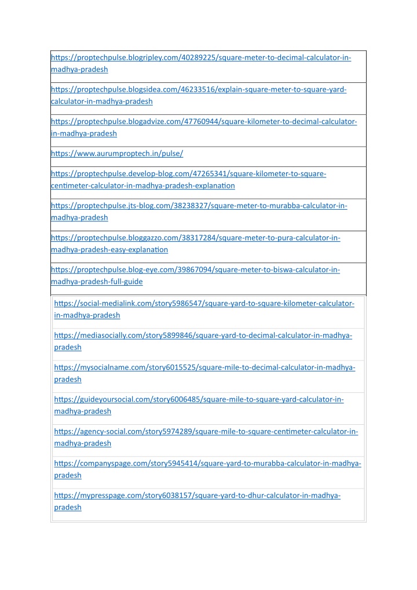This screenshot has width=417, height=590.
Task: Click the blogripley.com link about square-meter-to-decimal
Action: pos(201,58)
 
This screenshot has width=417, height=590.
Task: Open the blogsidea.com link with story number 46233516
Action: pos(199,90)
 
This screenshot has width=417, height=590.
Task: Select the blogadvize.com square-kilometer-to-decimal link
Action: pos(204,122)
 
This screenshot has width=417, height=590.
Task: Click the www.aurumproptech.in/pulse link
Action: pos(118,154)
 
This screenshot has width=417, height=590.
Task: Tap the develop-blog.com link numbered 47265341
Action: pos(189,174)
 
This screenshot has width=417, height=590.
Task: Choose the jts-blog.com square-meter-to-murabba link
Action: pos(199,206)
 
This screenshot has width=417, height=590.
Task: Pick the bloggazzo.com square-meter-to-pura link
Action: pos(196,238)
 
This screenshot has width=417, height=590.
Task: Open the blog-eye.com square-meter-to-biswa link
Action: pos(196,270)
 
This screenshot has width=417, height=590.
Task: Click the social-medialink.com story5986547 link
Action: pos(204,304)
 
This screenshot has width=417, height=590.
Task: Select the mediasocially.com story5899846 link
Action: pos(203,336)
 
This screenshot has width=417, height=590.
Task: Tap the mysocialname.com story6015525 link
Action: pos(204,368)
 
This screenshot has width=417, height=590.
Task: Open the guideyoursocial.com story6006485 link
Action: pos(199,400)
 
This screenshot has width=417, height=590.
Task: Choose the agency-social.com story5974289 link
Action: pos(206,432)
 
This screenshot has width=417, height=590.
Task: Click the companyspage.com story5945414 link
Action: pos(207,464)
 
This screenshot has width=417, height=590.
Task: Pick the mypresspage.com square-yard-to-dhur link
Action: pos(197,496)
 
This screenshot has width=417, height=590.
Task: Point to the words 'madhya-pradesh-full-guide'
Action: pos(97,282)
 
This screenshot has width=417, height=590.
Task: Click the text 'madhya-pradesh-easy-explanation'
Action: pos(109,250)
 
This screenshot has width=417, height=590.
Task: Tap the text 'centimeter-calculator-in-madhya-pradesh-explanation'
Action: pos(143,185)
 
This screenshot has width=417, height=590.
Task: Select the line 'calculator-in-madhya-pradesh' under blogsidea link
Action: pos(102,101)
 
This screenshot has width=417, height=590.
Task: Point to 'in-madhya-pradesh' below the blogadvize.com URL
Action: pos(84,133)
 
